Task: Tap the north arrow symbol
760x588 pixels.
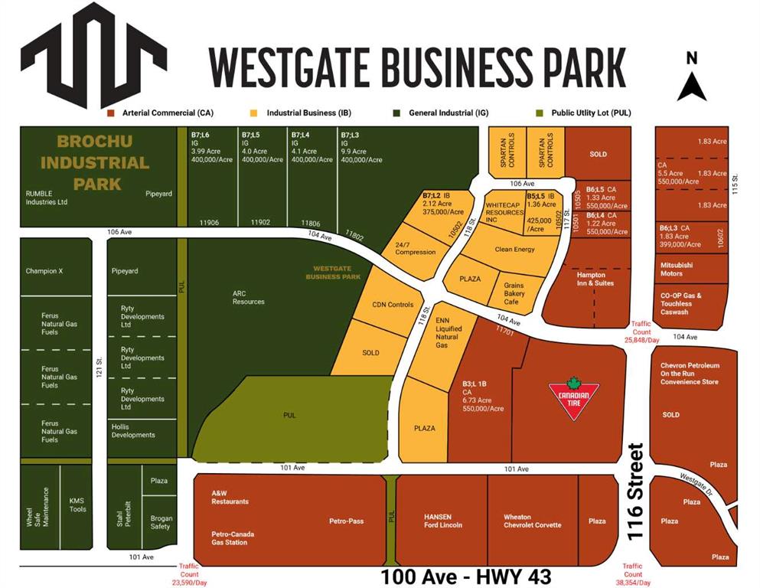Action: pyautogui.click(x=692, y=80)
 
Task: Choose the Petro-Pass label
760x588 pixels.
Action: pyautogui.click(x=346, y=521)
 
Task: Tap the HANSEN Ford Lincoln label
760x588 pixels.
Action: pyautogui.click(x=442, y=521)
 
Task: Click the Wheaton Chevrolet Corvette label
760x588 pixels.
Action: pyautogui.click(x=532, y=521)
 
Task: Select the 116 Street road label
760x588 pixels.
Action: pyautogui.click(x=633, y=492)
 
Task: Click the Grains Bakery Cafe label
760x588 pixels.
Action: pyautogui.click(x=514, y=292)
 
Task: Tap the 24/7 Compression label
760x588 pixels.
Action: pyautogui.click(x=416, y=248)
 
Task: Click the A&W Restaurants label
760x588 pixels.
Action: pyautogui.click(x=230, y=498)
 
